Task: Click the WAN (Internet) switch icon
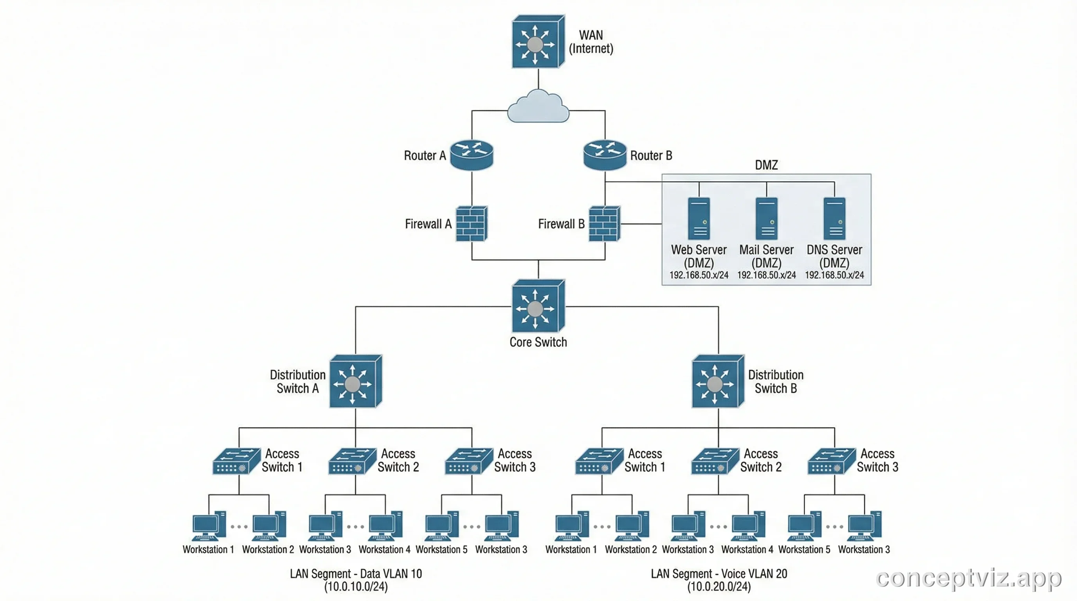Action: (x=538, y=42)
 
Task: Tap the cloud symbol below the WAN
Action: (x=538, y=108)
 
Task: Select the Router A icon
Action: (x=472, y=155)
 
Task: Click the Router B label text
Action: (x=651, y=155)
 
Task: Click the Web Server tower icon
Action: (x=699, y=219)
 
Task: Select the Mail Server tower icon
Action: (x=766, y=219)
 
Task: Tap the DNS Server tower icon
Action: (x=834, y=219)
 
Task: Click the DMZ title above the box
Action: (x=766, y=165)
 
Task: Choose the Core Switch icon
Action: (x=538, y=306)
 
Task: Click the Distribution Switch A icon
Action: (x=355, y=381)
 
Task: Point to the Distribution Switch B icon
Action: (x=717, y=381)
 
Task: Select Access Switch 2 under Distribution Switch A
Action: (x=352, y=461)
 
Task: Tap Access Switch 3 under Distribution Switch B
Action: (x=831, y=461)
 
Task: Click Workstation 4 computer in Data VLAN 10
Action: (x=385, y=526)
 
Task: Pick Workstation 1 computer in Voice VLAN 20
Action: (x=571, y=526)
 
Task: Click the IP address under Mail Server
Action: (x=766, y=275)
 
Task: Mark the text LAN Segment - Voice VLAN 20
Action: (x=719, y=574)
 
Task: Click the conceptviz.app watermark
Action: (x=968, y=578)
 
